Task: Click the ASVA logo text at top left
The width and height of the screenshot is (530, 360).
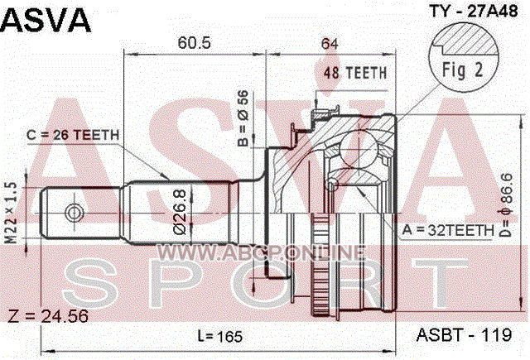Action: [46, 20]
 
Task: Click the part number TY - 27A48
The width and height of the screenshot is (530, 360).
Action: [473, 11]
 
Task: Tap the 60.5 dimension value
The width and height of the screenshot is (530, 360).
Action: [194, 43]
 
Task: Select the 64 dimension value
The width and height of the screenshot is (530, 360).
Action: [330, 43]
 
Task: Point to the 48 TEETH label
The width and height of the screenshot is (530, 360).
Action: [355, 73]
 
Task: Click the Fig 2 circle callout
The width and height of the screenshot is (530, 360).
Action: [464, 56]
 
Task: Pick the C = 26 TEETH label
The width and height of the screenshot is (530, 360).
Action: [73, 135]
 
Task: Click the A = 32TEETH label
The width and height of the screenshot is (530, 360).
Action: [448, 230]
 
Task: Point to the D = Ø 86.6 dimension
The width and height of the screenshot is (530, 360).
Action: [507, 205]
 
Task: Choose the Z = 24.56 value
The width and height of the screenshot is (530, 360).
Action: [48, 316]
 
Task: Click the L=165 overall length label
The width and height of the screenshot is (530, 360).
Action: [220, 336]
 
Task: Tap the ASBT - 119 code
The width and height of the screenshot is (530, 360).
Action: [464, 335]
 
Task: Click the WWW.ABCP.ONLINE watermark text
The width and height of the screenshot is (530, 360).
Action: [262, 252]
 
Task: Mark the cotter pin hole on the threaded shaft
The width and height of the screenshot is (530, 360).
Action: [74, 213]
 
